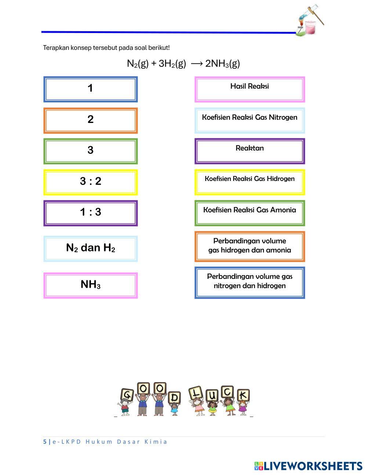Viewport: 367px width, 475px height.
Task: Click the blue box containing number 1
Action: click(x=90, y=89)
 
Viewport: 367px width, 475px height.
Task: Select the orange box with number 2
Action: click(x=90, y=120)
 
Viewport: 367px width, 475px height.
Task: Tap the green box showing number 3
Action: click(x=90, y=151)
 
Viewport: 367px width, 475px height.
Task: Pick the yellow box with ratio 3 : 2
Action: click(x=90, y=182)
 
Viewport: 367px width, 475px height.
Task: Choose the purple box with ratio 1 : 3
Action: click(x=90, y=213)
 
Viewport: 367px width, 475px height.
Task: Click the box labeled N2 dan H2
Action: click(x=90, y=249)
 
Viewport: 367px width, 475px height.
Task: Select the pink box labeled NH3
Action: click(x=90, y=285)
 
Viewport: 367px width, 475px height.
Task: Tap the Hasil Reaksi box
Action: click(x=250, y=89)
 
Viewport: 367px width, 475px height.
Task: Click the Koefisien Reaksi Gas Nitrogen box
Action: click(x=250, y=120)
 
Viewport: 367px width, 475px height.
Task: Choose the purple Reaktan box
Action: click(x=250, y=151)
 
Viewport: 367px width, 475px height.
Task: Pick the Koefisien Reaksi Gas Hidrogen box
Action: click(x=250, y=182)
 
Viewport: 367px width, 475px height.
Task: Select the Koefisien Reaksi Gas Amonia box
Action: click(x=250, y=213)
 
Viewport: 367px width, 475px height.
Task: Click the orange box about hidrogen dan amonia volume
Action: click(x=250, y=246)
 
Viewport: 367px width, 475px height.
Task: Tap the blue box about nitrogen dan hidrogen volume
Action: click(x=250, y=282)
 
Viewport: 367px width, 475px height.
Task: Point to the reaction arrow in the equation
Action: click(x=197, y=64)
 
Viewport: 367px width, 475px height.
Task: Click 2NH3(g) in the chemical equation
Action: click(x=222, y=64)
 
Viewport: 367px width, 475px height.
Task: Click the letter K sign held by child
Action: click(x=243, y=395)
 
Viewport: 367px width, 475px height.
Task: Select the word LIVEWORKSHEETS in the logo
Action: click(x=313, y=466)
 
